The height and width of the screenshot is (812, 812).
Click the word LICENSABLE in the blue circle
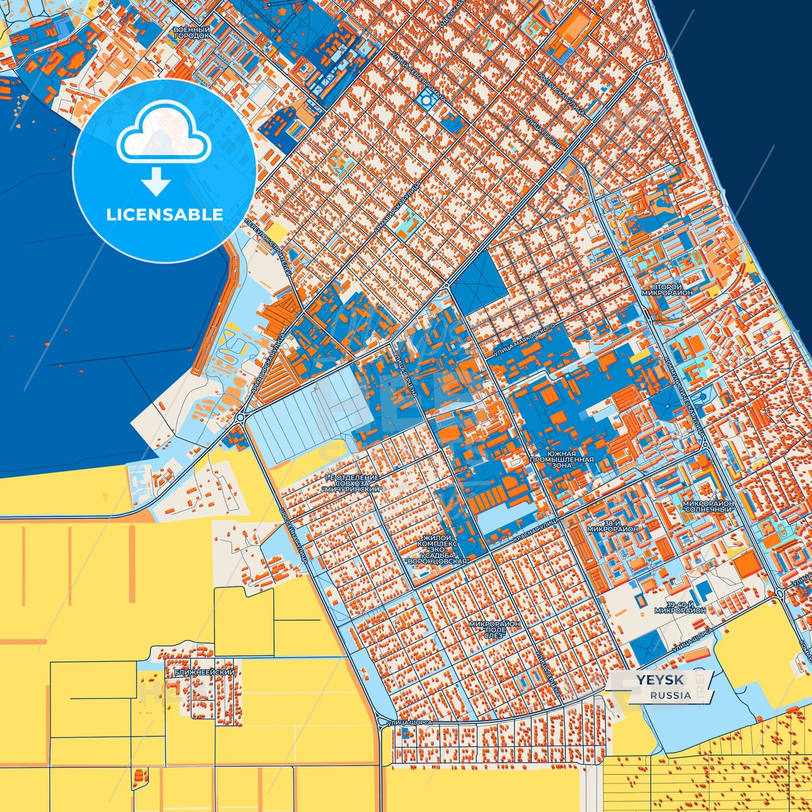(x=165, y=215)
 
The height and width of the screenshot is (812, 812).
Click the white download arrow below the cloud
(x=156, y=182)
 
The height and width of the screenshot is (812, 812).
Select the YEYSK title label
(x=660, y=680)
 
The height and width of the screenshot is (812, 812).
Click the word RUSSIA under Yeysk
(x=671, y=695)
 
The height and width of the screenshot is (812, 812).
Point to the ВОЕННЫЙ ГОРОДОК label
(x=192, y=32)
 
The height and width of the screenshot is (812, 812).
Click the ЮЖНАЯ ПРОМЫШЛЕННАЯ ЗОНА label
(x=561, y=459)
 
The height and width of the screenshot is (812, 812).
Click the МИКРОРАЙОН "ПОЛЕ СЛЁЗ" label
(x=495, y=629)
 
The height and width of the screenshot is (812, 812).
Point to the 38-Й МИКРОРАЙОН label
(x=613, y=525)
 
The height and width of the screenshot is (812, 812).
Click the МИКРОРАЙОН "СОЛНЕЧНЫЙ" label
(x=708, y=506)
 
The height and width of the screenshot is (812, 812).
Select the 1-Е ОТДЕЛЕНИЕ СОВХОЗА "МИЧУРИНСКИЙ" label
(x=352, y=483)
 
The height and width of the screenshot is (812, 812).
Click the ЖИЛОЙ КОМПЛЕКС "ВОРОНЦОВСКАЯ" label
(x=437, y=550)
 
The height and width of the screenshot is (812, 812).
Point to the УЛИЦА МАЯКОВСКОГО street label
(x=524, y=341)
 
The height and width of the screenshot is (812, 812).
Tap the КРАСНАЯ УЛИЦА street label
(x=537, y=530)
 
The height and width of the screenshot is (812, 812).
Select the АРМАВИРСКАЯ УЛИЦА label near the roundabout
(x=269, y=366)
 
